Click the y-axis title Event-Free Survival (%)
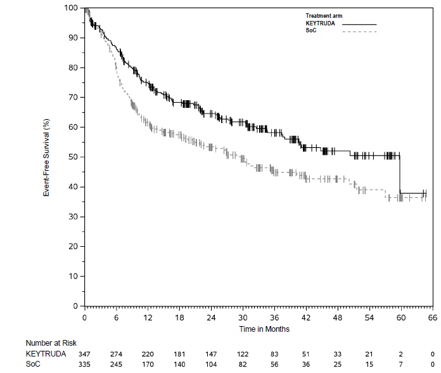pos(46,157)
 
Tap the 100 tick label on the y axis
pos(72,8)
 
